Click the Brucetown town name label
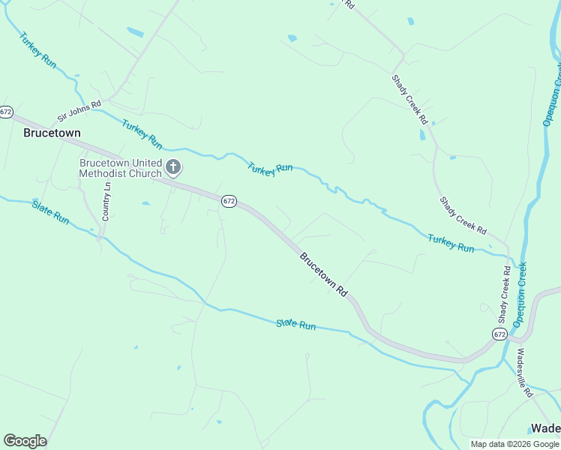point(52,133)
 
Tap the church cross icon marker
point(173,167)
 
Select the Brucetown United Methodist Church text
point(121,168)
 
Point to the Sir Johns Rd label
point(79,112)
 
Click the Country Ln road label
point(106,202)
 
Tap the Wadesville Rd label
point(524,372)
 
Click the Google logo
point(25,441)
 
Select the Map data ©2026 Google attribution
point(514,444)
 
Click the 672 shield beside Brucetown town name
point(6,112)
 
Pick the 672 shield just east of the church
point(229,201)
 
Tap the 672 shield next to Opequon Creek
point(500,333)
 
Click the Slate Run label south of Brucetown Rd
point(295,324)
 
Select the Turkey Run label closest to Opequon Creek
point(451,243)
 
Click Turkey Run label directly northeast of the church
point(270,169)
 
